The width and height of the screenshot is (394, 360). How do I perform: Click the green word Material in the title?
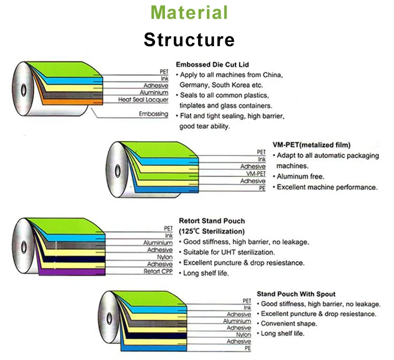tap(189, 13)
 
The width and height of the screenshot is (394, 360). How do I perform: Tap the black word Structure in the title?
tap(189, 39)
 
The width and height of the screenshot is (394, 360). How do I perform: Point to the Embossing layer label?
tap(153, 114)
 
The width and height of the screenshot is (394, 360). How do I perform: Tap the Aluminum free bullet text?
tap(300, 176)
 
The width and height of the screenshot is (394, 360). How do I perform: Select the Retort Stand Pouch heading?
tap(212, 221)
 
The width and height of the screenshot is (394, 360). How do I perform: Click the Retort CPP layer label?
tap(158, 271)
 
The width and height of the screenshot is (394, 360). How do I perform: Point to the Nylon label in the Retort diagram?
tap(163, 257)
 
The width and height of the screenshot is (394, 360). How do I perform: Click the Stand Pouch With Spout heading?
tap(296, 294)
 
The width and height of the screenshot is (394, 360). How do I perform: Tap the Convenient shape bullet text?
tap(289, 324)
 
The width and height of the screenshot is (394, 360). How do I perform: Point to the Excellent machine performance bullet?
tap(327, 187)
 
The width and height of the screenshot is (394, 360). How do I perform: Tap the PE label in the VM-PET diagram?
tap(262, 188)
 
